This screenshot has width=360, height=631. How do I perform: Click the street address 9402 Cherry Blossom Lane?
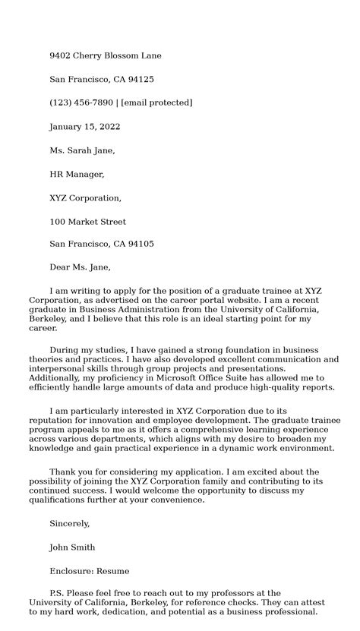pyautogui.click(x=105, y=55)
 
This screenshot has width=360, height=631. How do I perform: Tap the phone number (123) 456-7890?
pyautogui.click(x=81, y=103)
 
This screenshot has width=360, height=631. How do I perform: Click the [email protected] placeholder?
pyautogui.click(x=156, y=103)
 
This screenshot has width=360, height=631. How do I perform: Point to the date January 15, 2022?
pyautogui.click(x=84, y=127)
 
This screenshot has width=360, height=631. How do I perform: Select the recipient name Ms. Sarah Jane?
pyautogui.click(x=82, y=150)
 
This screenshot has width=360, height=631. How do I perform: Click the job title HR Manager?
pyautogui.click(x=77, y=174)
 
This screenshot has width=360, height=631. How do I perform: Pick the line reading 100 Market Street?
pyautogui.click(x=87, y=222)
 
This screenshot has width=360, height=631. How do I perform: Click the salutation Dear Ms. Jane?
pyautogui.click(x=80, y=267)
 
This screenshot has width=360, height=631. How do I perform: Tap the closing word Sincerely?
pyautogui.click(x=69, y=523)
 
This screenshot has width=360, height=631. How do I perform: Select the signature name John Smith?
pyautogui.click(x=72, y=547)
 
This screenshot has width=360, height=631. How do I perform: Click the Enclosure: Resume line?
pyautogui.click(x=89, y=571)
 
